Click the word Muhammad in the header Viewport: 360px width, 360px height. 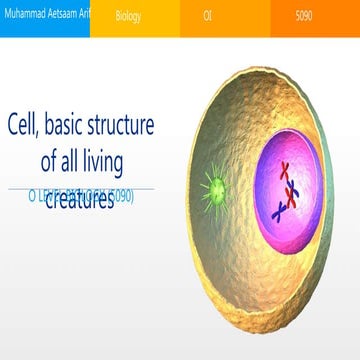[x=22, y=18]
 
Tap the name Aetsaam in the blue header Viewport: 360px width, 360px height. [x=59, y=18]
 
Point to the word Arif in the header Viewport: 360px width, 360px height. [x=84, y=18]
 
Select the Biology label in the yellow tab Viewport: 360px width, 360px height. [x=128, y=18]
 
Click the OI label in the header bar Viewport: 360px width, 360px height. [x=207, y=18]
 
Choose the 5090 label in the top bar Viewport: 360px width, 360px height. [x=309, y=18]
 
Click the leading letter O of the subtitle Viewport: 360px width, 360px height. [x=37, y=196]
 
